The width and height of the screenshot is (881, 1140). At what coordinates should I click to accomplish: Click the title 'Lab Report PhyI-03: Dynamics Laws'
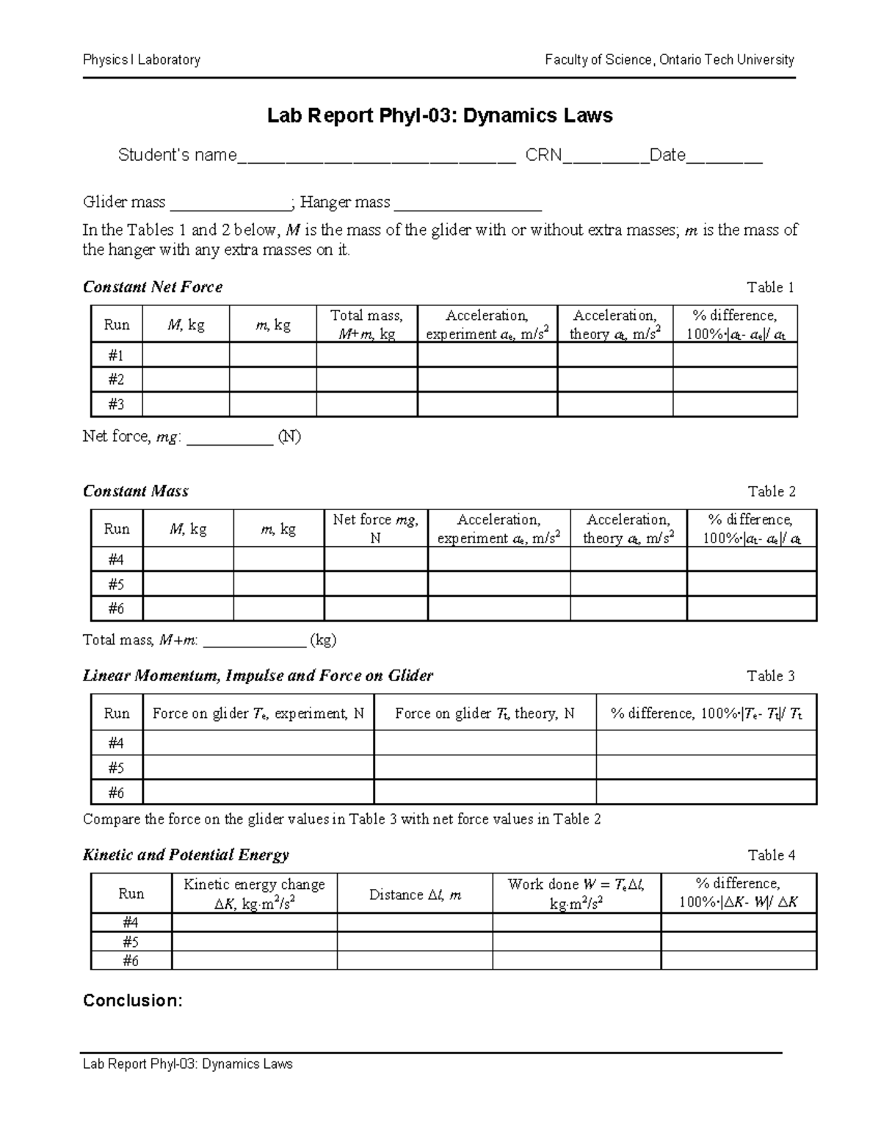(x=439, y=116)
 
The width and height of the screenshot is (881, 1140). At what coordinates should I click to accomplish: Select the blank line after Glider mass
(x=231, y=204)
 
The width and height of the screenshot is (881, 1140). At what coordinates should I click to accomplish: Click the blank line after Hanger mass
(x=468, y=204)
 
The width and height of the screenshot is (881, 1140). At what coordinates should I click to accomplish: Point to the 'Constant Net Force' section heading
(x=153, y=287)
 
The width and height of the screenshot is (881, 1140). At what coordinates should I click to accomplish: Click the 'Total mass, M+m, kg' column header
(x=366, y=324)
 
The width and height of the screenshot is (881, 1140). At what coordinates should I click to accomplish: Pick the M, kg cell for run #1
(x=186, y=355)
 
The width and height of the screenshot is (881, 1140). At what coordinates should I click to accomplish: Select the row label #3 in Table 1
(x=116, y=404)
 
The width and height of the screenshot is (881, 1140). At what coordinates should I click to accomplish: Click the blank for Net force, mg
(x=230, y=439)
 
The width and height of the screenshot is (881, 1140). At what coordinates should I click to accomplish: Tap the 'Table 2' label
(x=771, y=491)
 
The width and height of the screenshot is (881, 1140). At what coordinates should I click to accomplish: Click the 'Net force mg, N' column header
(x=375, y=529)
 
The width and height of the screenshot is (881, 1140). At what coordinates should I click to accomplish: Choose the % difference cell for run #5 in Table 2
(x=751, y=584)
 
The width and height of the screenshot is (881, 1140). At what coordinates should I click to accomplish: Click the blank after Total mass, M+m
(x=254, y=642)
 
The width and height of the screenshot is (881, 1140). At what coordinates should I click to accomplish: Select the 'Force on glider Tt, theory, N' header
(x=485, y=714)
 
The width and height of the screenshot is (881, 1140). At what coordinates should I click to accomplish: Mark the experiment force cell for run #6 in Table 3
(x=258, y=792)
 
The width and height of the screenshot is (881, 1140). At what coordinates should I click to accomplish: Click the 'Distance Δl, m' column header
(x=415, y=894)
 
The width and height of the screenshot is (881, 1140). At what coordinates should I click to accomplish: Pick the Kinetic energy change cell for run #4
(x=254, y=923)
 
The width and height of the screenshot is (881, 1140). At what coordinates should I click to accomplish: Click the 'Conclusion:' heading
(x=132, y=1001)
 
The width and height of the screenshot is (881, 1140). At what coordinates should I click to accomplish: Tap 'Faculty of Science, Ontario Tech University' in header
(x=669, y=60)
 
